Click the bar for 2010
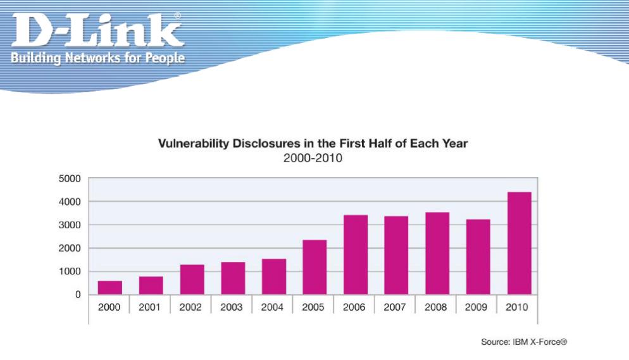point(519,244)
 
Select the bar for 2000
point(110,288)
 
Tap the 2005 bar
point(314,268)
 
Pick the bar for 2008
point(437,253)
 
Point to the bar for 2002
point(192,280)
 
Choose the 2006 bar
point(356,255)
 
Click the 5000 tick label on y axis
point(70,178)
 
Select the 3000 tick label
point(70,225)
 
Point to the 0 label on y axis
point(78,295)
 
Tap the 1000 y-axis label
point(70,271)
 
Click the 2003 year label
point(232,307)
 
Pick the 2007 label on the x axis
point(395,307)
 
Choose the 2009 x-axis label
point(476,307)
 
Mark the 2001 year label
point(149,307)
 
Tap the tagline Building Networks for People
point(98,58)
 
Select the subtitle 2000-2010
point(313,158)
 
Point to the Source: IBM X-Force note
point(524,342)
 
